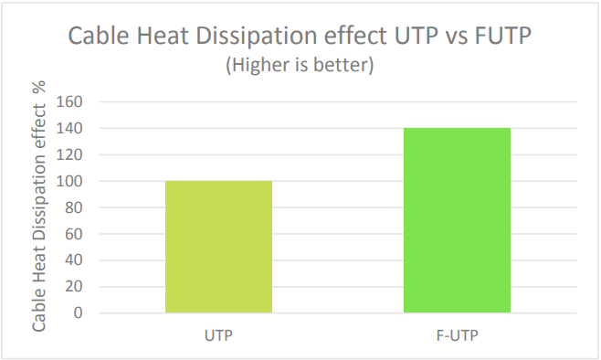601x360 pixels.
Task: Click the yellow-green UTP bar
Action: pyautogui.click(x=218, y=247)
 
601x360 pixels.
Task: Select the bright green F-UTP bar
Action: pyautogui.click(x=457, y=220)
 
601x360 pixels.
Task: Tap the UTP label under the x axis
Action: pyautogui.click(x=218, y=335)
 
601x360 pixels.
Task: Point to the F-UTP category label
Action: pyautogui.click(x=458, y=335)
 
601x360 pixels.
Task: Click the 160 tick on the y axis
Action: pyautogui.click(x=69, y=102)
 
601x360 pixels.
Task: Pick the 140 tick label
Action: pyautogui.click(x=69, y=129)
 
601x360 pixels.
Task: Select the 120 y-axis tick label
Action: pyautogui.click(x=69, y=155)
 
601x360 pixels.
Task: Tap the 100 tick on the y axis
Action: pyautogui.click(x=69, y=181)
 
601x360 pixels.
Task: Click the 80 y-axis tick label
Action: pyautogui.click(x=74, y=207)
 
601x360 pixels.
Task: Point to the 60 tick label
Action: pyautogui.click(x=74, y=234)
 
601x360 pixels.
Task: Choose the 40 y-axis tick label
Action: pyautogui.click(x=74, y=260)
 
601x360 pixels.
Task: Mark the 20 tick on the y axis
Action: pyautogui.click(x=74, y=287)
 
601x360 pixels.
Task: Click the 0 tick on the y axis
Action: pyautogui.click(x=79, y=313)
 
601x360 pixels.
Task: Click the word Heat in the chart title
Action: pyautogui.click(x=163, y=36)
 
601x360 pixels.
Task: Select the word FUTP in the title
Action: pyautogui.click(x=503, y=36)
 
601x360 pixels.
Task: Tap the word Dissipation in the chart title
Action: pyautogui.click(x=258, y=37)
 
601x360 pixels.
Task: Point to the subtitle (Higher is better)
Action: pyautogui.click(x=300, y=64)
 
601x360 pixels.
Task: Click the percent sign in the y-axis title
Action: pyautogui.click(x=39, y=87)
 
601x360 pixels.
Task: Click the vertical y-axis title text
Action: pyautogui.click(x=39, y=206)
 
